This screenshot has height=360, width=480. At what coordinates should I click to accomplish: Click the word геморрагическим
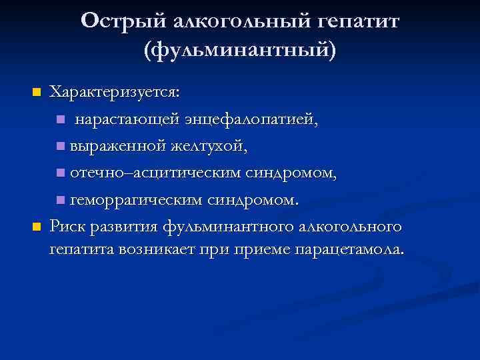[x=136, y=199]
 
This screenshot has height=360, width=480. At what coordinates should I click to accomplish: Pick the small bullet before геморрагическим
[x=61, y=200]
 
